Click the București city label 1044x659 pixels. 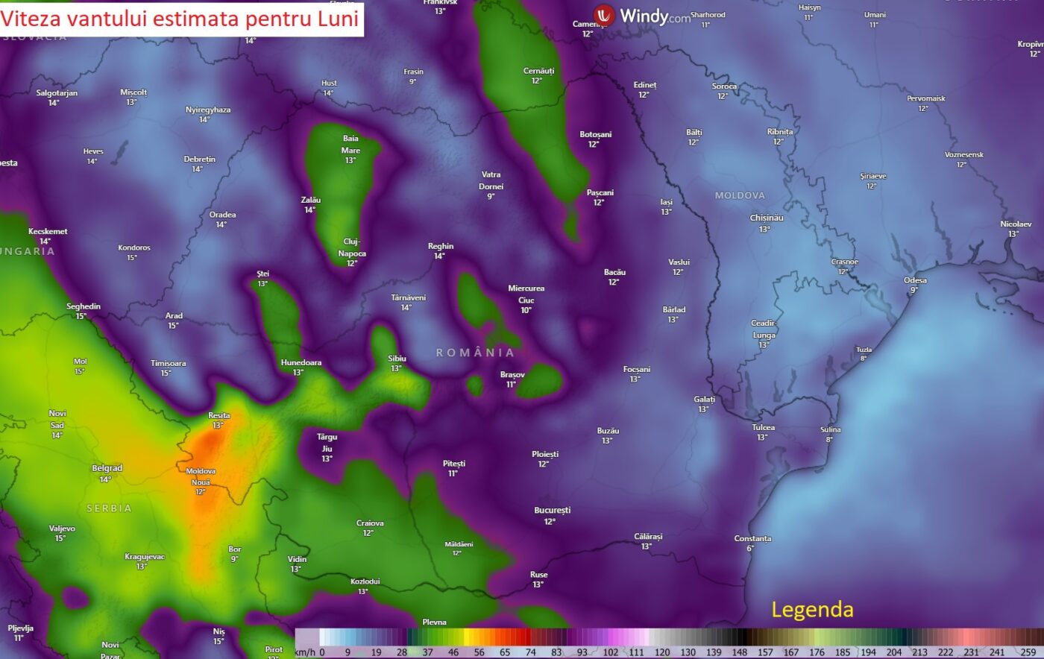[x=552, y=511]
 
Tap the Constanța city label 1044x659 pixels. [x=752, y=538]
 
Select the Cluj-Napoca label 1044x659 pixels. [x=352, y=247]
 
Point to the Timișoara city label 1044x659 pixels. [x=169, y=364]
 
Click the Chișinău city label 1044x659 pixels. [x=767, y=218]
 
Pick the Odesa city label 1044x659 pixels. [x=915, y=280]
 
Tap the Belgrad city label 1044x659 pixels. [x=107, y=468]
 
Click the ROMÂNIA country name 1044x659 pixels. [x=475, y=352]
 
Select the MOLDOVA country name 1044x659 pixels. [x=740, y=195]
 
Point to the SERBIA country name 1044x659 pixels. [x=109, y=508]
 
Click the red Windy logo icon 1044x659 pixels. [x=604, y=15]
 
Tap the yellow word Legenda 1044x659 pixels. [x=812, y=610]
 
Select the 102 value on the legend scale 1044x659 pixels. [x=610, y=652]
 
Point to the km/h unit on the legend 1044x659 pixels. [x=304, y=652]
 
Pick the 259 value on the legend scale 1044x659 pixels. [x=1028, y=652]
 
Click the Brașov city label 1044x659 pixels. [x=512, y=375]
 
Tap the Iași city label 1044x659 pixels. [x=666, y=202]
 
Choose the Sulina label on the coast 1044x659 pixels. [x=830, y=429]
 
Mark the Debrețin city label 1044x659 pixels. [x=199, y=160]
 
